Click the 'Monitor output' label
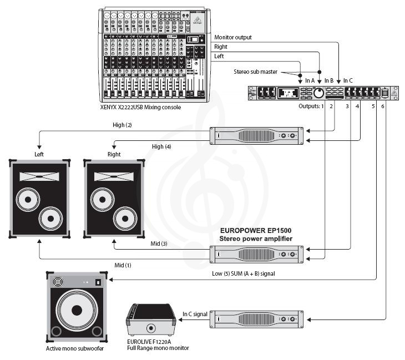(232, 37)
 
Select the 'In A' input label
(309, 80)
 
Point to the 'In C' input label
(348, 80)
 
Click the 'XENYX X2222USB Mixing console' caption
(141, 107)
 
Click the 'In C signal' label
(195, 314)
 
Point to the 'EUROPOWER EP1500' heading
(256, 230)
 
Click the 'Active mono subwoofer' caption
(76, 348)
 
